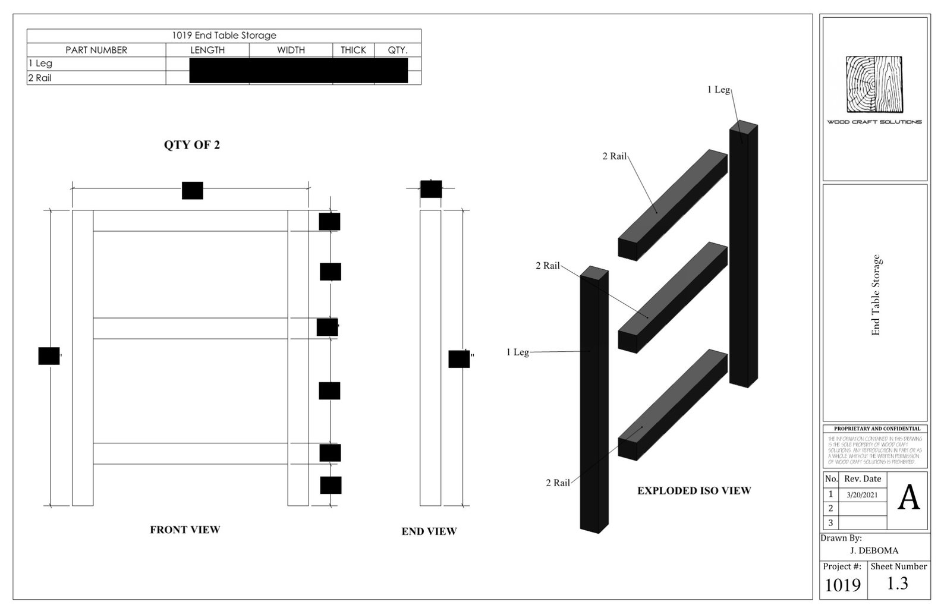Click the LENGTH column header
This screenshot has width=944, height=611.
(x=207, y=50)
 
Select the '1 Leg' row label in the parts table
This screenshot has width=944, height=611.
(x=40, y=64)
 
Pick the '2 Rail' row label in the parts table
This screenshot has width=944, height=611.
(x=40, y=78)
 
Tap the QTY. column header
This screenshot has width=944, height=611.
(x=398, y=50)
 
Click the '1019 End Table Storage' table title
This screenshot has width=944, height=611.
(x=224, y=36)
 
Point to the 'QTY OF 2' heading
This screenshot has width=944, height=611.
(x=192, y=145)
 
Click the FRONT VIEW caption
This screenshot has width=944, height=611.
(x=185, y=530)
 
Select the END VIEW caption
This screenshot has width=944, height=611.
(x=429, y=531)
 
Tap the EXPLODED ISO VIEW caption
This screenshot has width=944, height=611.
(x=694, y=491)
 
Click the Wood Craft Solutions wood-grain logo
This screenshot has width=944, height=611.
(x=874, y=84)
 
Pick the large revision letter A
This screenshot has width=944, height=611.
(x=908, y=498)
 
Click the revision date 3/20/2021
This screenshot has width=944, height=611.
(x=862, y=495)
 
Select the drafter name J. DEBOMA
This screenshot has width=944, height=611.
(x=874, y=550)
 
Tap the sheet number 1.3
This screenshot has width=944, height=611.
(x=897, y=584)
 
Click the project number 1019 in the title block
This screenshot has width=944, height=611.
(x=842, y=585)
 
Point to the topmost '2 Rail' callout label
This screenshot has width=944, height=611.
(x=614, y=156)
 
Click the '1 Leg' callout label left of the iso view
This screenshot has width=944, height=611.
(x=517, y=352)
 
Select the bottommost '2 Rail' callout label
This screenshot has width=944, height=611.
(x=558, y=483)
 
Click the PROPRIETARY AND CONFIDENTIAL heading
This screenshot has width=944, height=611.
(x=877, y=429)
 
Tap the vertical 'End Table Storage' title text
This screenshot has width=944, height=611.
(x=876, y=295)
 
